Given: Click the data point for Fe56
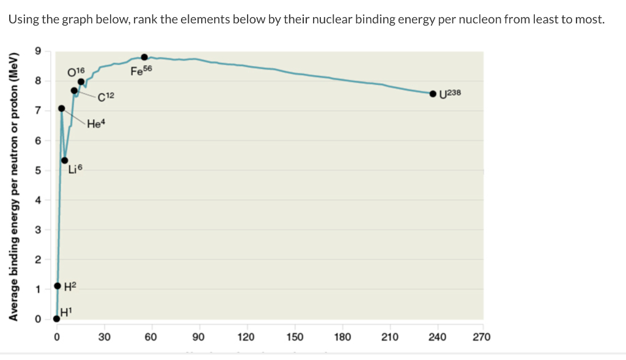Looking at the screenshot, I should tap(144, 57).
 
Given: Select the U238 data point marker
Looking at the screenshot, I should tap(433, 94).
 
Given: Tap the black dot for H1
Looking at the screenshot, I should tap(57, 318).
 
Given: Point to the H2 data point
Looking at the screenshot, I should tap(57, 285).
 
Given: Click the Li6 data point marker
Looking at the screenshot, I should tap(65, 160).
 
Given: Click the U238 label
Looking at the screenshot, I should tap(454, 94).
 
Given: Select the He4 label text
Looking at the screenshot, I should tap(97, 124).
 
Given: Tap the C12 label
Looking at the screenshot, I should tap(106, 96).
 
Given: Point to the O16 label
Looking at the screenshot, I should tap(77, 72).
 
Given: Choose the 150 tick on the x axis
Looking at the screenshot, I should tap(294, 337).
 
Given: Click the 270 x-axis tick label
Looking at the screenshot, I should tap(482, 337).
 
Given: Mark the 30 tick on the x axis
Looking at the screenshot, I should tap(104, 337).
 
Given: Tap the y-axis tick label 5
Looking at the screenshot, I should tap(38, 170).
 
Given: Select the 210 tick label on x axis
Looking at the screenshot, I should tap(389, 337).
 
